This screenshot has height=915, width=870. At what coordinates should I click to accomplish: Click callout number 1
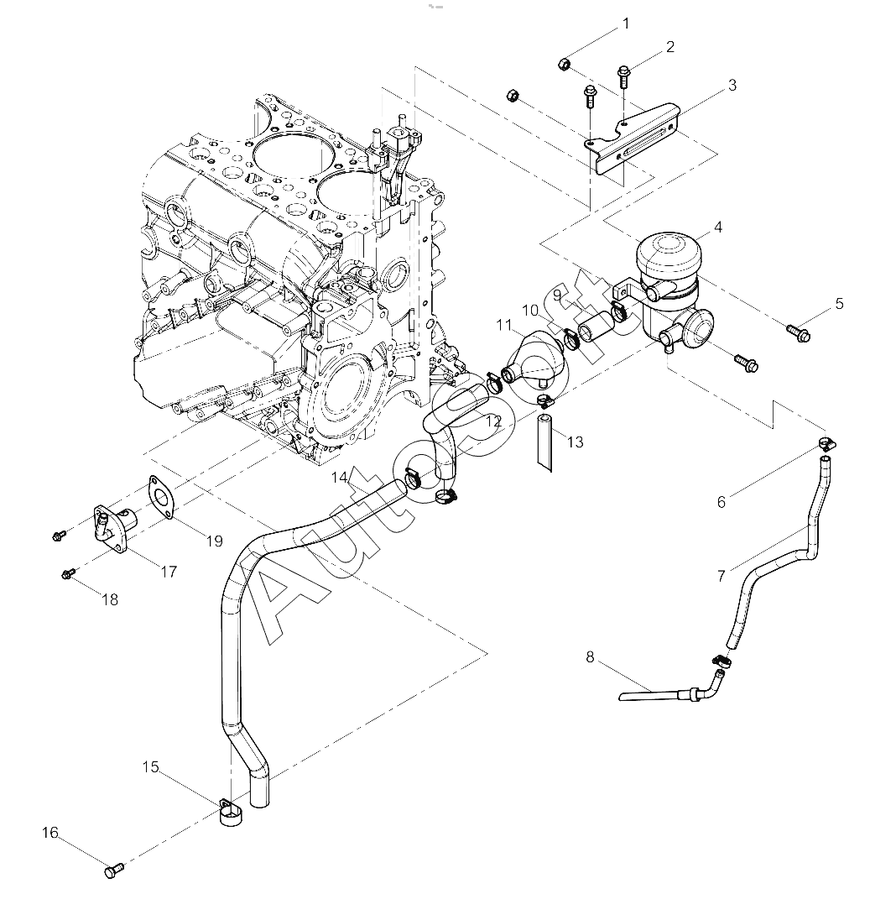[x=626, y=24]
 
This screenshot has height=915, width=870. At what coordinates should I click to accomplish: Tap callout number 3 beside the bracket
[x=732, y=86]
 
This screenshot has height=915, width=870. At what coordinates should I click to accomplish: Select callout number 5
[x=839, y=304]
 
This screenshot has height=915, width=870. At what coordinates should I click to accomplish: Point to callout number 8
[x=590, y=657]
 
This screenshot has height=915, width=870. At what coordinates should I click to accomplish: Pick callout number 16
[x=50, y=833]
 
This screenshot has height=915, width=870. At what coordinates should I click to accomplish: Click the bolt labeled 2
[x=625, y=76]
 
